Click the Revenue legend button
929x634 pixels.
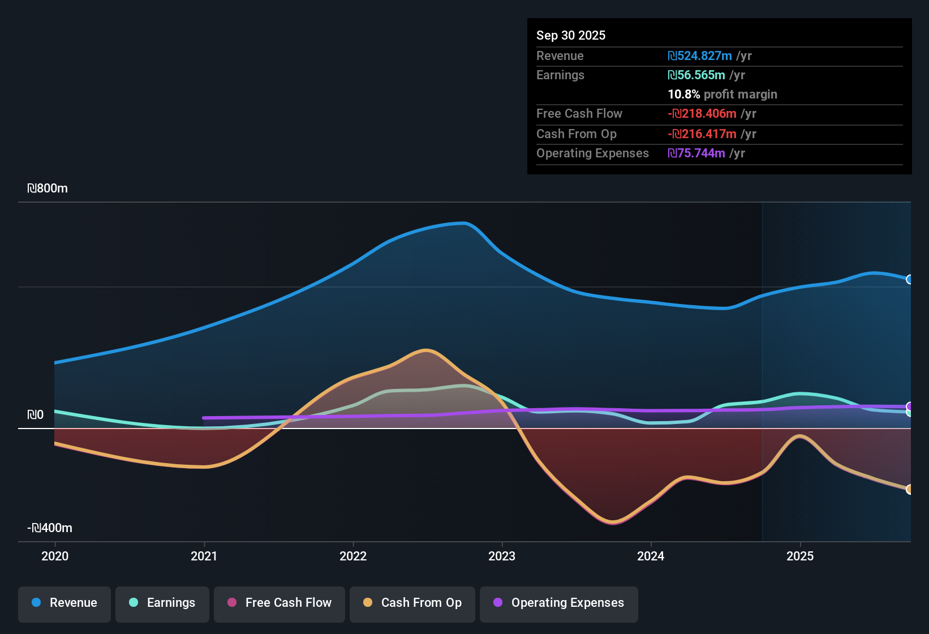64,603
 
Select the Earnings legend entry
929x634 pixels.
162,603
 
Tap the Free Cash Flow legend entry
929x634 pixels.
279,603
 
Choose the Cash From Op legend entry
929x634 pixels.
412,603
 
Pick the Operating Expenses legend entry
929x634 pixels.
559,603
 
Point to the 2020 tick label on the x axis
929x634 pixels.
55,556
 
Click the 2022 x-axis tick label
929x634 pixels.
353,556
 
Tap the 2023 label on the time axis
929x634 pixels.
502,556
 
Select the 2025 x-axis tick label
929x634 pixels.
800,556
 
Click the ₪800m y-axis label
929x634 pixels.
48,189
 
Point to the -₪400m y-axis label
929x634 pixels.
50,528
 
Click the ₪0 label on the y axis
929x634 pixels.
36,415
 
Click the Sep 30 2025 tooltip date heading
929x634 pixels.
571,35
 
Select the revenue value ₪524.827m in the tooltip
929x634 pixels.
700,56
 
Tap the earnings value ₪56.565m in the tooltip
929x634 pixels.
696,75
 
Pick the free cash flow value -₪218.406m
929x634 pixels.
702,114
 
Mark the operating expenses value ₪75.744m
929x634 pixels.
696,153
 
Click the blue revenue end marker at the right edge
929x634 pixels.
909,279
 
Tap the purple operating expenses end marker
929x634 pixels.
910,406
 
